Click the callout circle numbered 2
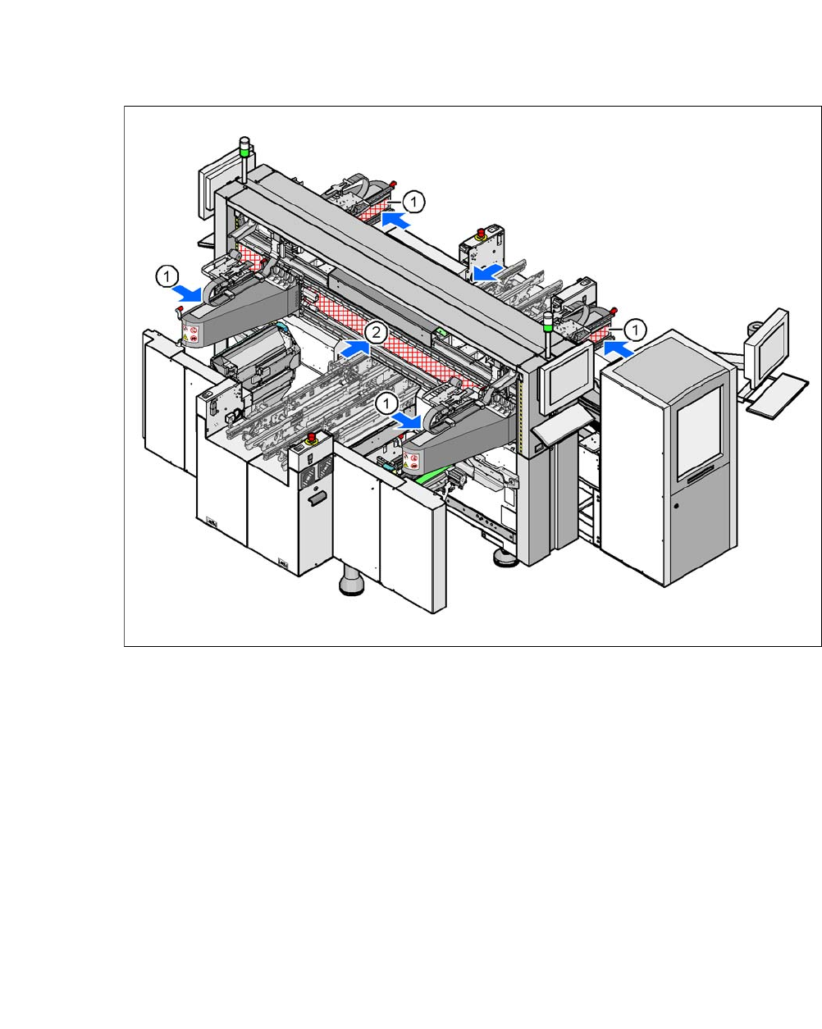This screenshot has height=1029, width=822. pyautogui.click(x=375, y=333)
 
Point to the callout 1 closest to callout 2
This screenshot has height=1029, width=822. pyautogui.click(x=386, y=403)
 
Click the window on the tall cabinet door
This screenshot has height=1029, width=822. pyautogui.click(x=698, y=433)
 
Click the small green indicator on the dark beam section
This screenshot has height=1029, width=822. pyautogui.click(x=442, y=331)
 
